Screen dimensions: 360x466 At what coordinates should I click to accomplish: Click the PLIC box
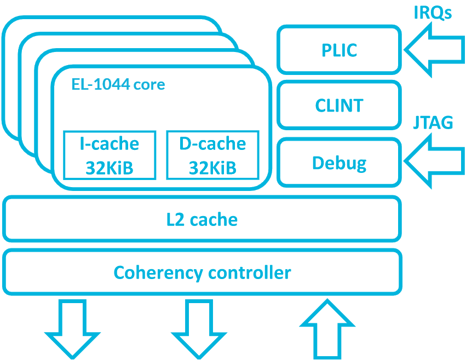[x=339, y=50]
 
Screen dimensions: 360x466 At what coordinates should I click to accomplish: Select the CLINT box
[x=339, y=105]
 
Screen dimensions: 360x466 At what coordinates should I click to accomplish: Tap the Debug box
[x=339, y=162]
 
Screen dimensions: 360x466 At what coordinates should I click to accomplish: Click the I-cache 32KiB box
[x=110, y=155]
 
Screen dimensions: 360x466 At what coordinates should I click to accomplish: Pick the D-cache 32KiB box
[x=212, y=155]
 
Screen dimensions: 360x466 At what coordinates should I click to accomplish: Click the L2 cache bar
[x=202, y=219]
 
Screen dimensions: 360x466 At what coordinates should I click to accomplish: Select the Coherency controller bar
[x=202, y=272]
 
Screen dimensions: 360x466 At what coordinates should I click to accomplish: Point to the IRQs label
[x=432, y=13]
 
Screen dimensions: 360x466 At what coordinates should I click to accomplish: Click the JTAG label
[x=433, y=123]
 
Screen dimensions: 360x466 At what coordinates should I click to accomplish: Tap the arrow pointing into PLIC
[x=433, y=49]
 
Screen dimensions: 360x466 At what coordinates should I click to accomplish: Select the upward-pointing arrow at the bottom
[x=326, y=328]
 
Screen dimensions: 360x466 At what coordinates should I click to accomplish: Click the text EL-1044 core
[x=118, y=85]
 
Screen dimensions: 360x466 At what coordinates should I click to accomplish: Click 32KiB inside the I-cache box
[x=110, y=167]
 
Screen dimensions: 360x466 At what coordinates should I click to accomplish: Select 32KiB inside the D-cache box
[x=212, y=167]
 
